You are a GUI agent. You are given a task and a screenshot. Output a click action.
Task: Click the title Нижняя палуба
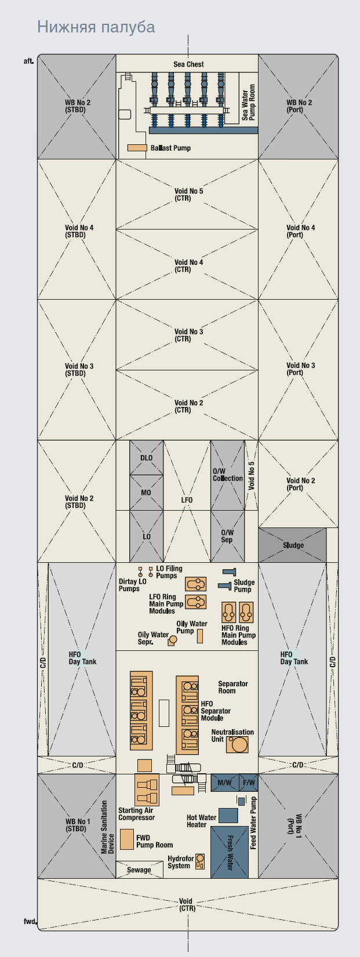tap(96, 27)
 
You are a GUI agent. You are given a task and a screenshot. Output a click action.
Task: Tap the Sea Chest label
tap(188, 64)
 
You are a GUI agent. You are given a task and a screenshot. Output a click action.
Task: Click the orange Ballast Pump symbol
tap(137, 148)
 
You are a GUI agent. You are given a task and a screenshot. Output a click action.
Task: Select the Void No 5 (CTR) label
tap(188, 194)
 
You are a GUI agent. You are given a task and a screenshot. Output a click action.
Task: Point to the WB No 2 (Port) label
tap(299, 106)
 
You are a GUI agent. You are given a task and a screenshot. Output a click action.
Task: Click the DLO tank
tap(147, 457)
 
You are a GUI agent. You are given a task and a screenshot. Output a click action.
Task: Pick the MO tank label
tap(146, 493)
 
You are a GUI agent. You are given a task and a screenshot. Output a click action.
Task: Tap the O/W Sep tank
tap(227, 536)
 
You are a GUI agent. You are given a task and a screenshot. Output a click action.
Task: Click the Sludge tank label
tap(293, 545)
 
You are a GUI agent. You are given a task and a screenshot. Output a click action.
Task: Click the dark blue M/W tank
tap(224, 783)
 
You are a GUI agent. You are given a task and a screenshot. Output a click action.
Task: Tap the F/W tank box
tap(249, 783)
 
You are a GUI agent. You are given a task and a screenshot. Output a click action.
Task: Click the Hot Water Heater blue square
tap(228, 816)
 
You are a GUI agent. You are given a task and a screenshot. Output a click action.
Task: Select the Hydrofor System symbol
tap(200, 862)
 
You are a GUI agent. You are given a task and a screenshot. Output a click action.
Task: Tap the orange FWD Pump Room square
tap(127, 839)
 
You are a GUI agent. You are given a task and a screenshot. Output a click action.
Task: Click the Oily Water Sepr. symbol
tap(172, 641)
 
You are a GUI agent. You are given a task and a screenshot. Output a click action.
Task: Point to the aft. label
tap(28, 61)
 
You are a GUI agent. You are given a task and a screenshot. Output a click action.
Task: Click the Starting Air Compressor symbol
tap(147, 789)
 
